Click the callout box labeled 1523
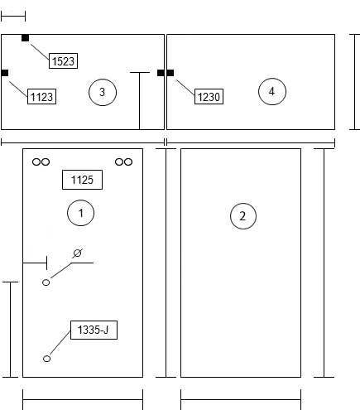click(63, 61)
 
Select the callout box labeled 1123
click(41, 97)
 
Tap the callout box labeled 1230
click(209, 97)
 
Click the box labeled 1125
click(82, 180)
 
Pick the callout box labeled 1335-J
click(94, 330)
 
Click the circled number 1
click(80, 213)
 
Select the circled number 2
click(243, 216)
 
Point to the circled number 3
click(103, 92)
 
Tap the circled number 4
click(272, 91)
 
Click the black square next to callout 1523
click(25, 38)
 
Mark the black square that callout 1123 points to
click(5, 73)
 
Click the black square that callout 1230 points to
click(170, 73)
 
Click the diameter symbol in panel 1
click(78, 253)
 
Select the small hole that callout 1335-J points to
click(46, 359)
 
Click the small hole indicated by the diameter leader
click(46, 282)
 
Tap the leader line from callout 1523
click(40, 52)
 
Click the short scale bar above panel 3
click(13, 17)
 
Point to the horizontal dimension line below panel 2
click(241, 399)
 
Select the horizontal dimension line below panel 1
click(83, 399)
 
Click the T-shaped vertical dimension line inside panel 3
click(140, 101)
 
